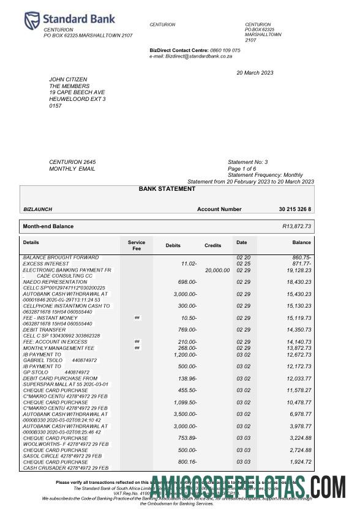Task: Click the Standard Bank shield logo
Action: tap(32, 20)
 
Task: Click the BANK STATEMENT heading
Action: tap(167, 189)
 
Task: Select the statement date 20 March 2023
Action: tap(255, 73)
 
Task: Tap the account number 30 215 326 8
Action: tap(294, 209)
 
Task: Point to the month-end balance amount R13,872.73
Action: tap(296, 226)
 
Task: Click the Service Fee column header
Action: tap(137, 245)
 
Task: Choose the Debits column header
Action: tap(173, 245)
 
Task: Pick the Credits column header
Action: tap(212, 245)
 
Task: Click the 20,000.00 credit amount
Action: tap(217, 270)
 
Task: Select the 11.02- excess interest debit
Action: tap(189, 264)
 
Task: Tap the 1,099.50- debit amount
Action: tap(184, 402)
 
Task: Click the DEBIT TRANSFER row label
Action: tap(44, 330)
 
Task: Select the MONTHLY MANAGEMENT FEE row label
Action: tap(59, 347)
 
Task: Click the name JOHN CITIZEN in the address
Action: tap(68, 80)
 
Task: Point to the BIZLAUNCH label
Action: tap(37, 209)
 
